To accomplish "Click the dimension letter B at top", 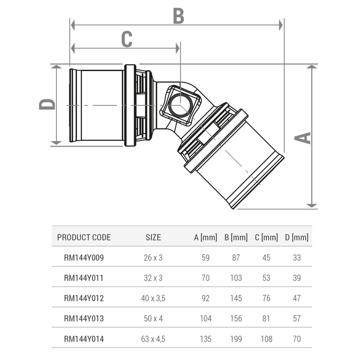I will click(179, 16).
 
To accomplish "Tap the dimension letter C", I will click(127, 39).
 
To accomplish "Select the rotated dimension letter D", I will click(47, 104).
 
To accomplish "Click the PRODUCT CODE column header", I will click(84, 237).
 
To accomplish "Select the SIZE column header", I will click(153, 237).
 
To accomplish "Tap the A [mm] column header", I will click(205, 237).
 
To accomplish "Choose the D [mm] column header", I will click(297, 237).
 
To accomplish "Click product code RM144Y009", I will click(84, 258).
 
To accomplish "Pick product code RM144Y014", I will click(84, 339).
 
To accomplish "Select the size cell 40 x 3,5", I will click(153, 298).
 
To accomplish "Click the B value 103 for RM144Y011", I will click(236, 278).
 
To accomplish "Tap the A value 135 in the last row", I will click(205, 339).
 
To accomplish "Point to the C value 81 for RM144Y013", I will click(266, 319).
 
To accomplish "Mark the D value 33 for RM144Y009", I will click(297, 258).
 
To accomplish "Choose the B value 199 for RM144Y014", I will click(236, 339).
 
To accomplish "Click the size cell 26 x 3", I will click(153, 258).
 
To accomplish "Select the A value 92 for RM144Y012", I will click(205, 298).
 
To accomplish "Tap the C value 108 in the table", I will click(266, 339).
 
